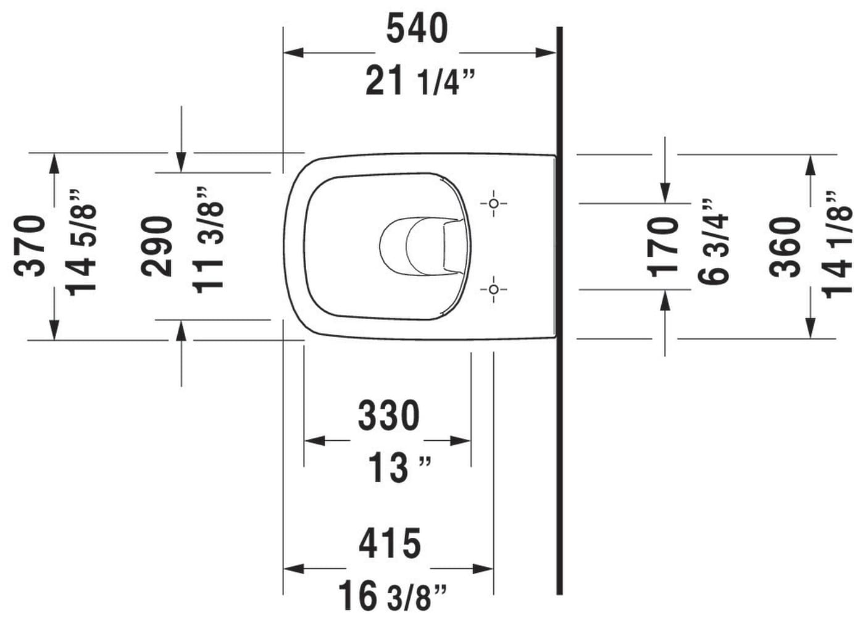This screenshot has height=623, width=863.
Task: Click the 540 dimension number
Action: point(417,28)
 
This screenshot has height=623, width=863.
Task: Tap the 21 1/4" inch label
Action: point(420,81)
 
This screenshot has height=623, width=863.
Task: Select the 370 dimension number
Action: point(29,246)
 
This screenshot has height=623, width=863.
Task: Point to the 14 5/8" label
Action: point(80,242)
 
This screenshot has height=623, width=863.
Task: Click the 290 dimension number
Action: point(156,246)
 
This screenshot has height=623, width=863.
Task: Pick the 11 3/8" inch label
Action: point(208,240)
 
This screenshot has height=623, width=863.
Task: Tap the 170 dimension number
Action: point(662,247)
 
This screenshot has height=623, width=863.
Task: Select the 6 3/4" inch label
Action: point(713,242)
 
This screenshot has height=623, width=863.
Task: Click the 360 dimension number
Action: point(785,247)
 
